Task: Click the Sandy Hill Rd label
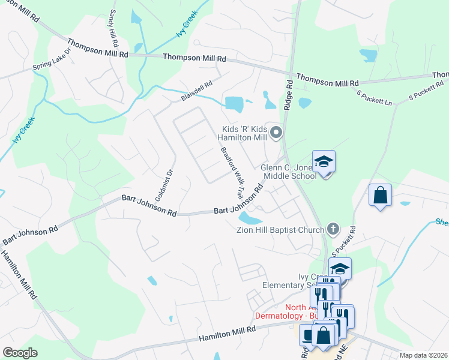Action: [112, 28]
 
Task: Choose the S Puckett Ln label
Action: [374, 97]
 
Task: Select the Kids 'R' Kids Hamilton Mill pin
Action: [276, 132]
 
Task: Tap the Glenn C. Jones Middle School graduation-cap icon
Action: [324, 161]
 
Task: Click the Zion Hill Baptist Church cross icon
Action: [333, 229]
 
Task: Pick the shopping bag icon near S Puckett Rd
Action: [380, 195]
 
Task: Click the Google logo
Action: [20, 353]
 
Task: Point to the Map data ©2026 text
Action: [423, 355]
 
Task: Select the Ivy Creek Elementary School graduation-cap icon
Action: [340, 269]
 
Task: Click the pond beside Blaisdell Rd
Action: [235, 104]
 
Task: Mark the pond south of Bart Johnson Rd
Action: [250, 220]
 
